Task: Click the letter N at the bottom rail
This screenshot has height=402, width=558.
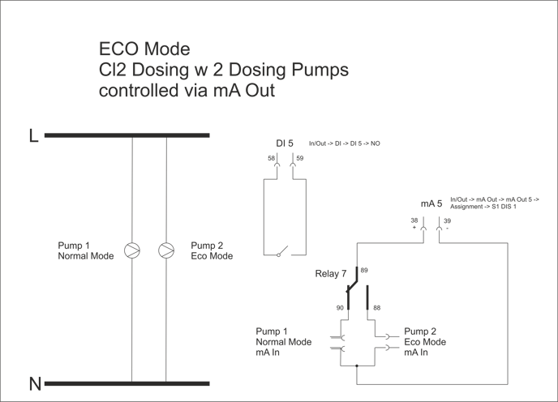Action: click(35, 384)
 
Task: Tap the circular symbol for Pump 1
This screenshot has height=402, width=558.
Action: click(131, 249)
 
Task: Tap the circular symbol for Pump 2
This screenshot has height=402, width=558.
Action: click(167, 249)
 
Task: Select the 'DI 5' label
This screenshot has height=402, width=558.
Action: click(285, 143)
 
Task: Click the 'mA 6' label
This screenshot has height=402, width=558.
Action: click(431, 202)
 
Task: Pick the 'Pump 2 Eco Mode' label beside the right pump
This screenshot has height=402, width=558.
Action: click(211, 250)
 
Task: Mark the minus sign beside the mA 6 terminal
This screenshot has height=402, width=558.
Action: click(448, 228)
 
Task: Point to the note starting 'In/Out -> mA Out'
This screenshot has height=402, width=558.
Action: click(495, 203)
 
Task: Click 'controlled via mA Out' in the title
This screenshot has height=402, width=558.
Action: click(187, 91)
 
